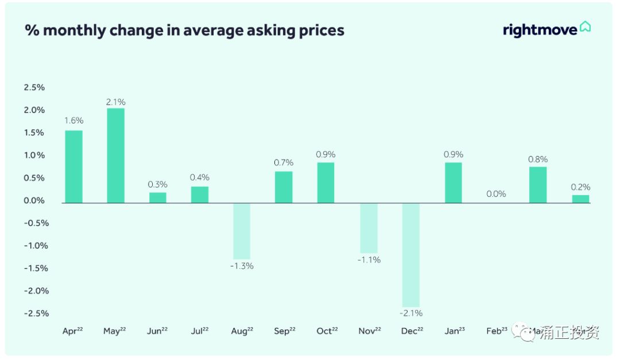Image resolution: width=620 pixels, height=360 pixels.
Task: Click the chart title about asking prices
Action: (x=184, y=30)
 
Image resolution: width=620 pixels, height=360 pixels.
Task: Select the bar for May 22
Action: (x=115, y=155)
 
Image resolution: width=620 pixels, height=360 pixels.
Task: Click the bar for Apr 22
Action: (x=73, y=167)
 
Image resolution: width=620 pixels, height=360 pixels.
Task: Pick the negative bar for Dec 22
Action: (x=410, y=255)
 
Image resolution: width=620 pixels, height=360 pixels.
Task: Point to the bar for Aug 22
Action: (x=241, y=231)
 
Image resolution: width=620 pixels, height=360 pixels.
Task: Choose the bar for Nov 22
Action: (x=369, y=228)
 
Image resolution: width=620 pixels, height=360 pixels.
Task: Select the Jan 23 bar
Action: (x=453, y=183)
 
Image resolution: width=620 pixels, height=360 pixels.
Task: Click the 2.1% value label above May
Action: (x=115, y=102)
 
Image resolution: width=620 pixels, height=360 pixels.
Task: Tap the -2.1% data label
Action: (x=410, y=313)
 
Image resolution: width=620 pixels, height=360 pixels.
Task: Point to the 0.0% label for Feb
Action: (x=496, y=194)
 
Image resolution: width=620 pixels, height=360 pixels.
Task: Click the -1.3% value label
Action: (x=241, y=266)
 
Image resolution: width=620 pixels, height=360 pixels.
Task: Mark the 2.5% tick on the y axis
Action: (x=34, y=87)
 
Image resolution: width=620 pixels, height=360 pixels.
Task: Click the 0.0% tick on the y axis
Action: (x=34, y=200)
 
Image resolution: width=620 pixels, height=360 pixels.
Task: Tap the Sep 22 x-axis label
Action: (x=284, y=331)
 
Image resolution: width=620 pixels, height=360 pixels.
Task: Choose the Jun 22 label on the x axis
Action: (x=157, y=331)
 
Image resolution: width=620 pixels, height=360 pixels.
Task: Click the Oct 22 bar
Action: (x=325, y=183)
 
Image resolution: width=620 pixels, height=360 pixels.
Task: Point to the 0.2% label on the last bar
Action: (x=580, y=187)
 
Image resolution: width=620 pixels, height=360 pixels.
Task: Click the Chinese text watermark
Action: (x=568, y=332)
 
